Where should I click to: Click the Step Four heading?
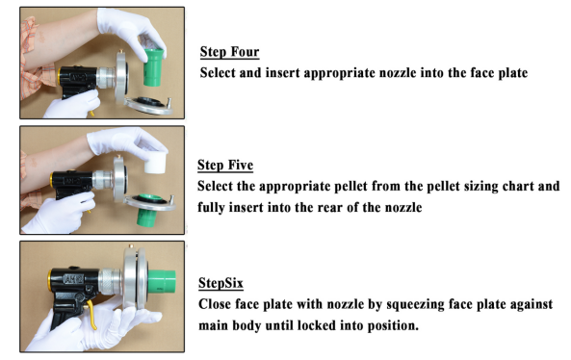coord(229,52)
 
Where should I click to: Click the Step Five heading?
coord(225,165)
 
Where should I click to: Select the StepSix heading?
coord(221,283)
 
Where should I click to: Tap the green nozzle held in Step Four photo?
coord(153,67)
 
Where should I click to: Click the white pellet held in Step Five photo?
coord(155,163)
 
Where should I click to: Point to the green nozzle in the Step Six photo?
coord(162,281)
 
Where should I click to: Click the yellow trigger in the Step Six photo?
coord(91,315)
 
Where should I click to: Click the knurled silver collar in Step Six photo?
coord(111,281)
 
